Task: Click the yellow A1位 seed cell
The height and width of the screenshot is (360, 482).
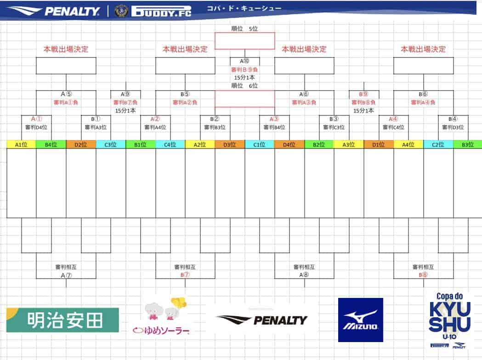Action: point(21,144)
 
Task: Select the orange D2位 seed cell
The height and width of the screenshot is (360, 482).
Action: point(81,144)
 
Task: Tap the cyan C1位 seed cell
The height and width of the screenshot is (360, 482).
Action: point(260,144)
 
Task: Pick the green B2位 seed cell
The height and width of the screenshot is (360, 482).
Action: point(319,144)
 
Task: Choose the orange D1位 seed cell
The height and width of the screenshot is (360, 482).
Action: point(379,144)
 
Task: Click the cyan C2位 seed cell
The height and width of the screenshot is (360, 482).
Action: point(438,144)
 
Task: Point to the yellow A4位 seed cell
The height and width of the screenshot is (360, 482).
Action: point(408,144)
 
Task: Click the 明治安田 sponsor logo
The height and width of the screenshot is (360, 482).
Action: point(62,320)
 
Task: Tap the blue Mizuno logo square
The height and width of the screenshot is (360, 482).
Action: point(361,320)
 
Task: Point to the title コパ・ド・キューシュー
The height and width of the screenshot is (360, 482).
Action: point(244,8)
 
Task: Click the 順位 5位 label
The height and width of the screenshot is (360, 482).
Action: point(244,29)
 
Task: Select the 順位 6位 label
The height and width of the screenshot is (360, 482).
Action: point(244,86)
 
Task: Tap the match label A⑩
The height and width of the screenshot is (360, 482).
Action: point(244,61)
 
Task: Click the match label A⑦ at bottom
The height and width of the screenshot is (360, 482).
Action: point(66,275)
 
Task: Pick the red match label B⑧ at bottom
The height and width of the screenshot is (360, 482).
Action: point(423,275)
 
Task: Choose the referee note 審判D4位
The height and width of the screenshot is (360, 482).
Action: point(36,127)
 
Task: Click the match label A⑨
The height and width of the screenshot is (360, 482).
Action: point(125,94)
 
